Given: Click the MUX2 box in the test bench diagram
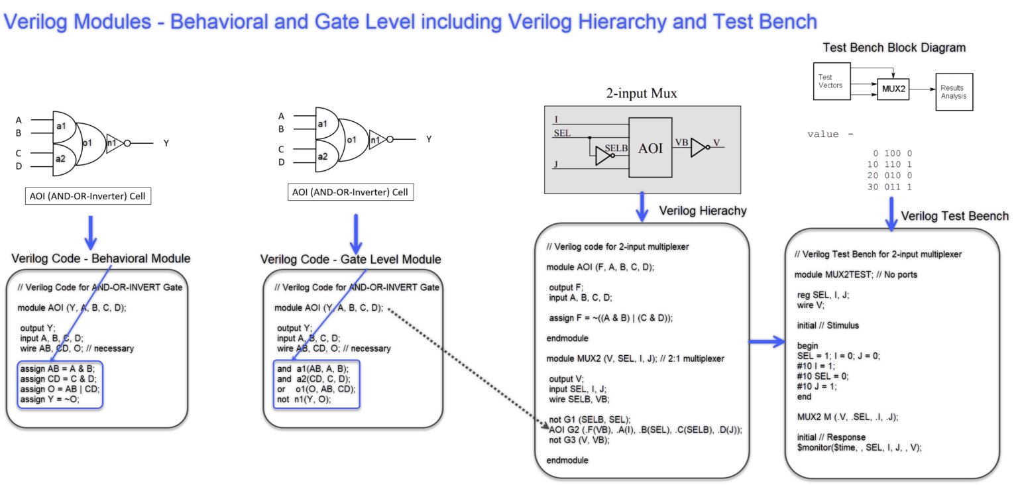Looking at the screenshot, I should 893,89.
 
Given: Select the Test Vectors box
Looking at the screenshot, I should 830,81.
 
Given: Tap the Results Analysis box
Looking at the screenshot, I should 954,91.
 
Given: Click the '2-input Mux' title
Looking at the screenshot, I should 641,93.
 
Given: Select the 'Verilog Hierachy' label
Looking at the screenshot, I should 703,211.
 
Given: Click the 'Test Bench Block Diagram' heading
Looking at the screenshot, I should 893,48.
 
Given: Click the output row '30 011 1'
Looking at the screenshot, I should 889,187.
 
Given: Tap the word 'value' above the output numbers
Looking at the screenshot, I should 822,135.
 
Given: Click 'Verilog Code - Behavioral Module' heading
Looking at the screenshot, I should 101,258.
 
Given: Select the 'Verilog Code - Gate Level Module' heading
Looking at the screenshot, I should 351,259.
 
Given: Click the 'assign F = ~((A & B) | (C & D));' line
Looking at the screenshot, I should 610,317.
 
